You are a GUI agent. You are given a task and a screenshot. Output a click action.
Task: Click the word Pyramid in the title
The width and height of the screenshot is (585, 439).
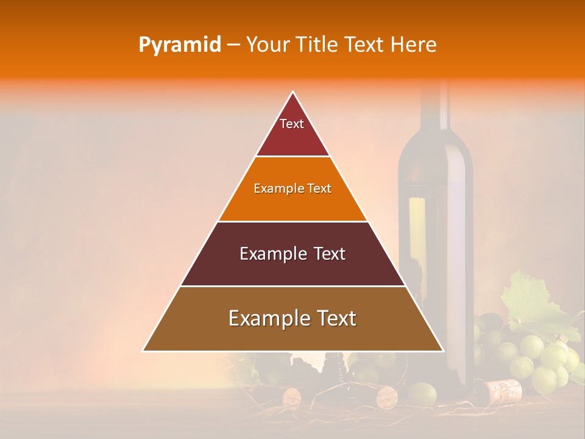pos(179,45)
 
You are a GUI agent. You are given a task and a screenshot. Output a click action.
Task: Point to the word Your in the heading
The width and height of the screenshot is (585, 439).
pos(267,45)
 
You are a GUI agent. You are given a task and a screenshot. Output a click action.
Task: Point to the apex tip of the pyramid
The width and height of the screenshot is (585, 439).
pos(292,93)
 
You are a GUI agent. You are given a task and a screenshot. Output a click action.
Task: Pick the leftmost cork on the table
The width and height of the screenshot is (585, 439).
pos(291,397)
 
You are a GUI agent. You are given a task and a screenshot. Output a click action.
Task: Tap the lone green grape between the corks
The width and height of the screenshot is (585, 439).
pos(420,393)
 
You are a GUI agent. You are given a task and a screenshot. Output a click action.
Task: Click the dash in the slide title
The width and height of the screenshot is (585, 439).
pos(233,45)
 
